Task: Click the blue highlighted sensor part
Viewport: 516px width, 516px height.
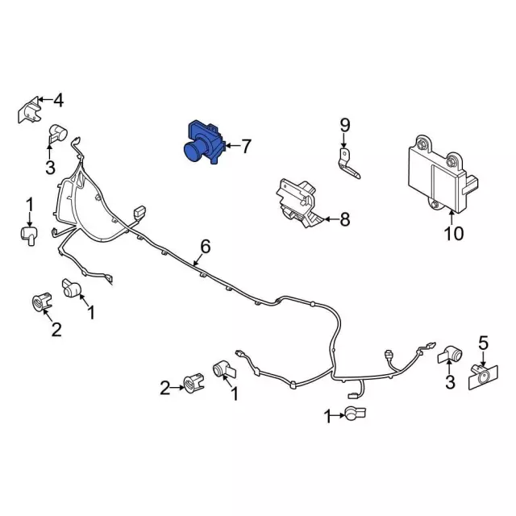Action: coord(204,143)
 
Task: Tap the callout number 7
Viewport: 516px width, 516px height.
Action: coord(246,146)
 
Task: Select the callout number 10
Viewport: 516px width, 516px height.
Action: coord(453,233)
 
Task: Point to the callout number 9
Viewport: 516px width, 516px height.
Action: coord(344,126)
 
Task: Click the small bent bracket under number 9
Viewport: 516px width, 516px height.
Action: coord(348,164)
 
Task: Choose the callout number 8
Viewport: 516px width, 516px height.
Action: coord(344,219)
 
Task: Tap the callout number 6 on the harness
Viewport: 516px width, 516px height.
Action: coord(205,247)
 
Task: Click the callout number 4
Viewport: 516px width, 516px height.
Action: coord(58,100)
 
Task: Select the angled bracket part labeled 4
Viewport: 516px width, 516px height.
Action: coord(30,110)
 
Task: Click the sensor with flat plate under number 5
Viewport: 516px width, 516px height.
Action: coord(483,377)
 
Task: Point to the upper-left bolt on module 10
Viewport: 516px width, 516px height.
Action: coord(422,145)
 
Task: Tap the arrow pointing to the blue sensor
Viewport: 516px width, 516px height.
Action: coord(233,145)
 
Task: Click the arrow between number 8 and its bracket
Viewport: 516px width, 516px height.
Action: coord(331,219)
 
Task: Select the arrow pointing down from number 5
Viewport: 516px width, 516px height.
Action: coord(483,360)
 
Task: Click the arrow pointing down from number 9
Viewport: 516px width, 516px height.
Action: coord(343,141)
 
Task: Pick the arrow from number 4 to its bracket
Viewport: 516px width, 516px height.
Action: coord(45,99)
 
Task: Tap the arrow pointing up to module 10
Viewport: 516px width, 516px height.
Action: coord(451,218)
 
